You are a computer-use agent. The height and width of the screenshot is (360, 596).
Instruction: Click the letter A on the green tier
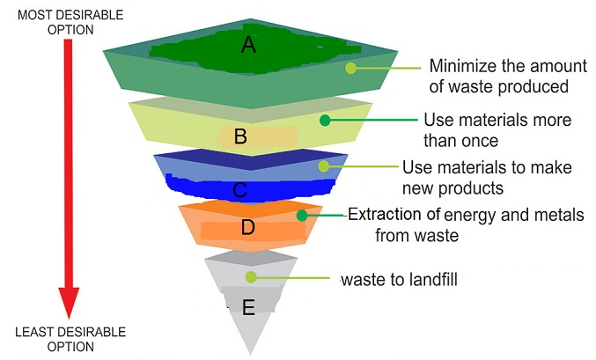(x=249, y=45)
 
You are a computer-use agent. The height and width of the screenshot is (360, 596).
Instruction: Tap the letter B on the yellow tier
(x=240, y=136)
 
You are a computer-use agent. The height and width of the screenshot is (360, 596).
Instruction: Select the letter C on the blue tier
(x=239, y=190)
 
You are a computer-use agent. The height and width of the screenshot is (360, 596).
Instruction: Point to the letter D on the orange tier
(x=248, y=227)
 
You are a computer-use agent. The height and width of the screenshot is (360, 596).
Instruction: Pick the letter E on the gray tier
(x=248, y=307)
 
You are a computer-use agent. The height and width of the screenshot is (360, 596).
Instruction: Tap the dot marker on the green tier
(x=351, y=68)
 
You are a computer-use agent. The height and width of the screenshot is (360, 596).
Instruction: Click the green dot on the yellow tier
(x=325, y=120)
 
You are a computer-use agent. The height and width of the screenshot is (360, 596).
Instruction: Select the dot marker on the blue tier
(x=323, y=166)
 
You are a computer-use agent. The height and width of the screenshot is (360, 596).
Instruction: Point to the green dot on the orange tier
(x=302, y=216)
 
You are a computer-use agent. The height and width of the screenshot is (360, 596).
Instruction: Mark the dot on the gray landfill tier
(x=251, y=277)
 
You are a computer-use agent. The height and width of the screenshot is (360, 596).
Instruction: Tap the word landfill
(x=433, y=279)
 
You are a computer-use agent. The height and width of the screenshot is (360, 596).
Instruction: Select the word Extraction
(x=385, y=215)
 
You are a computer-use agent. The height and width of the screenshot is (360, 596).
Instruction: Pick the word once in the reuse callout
(x=479, y=141)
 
